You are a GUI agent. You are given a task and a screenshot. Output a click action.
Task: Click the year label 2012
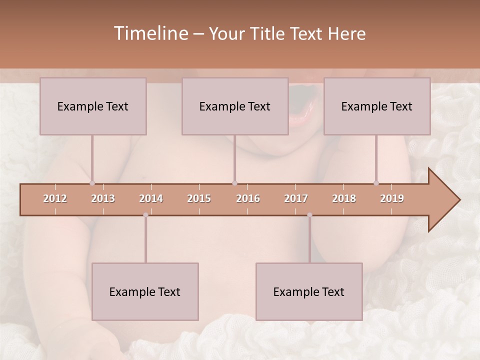55,199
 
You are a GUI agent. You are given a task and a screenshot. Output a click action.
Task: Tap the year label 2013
103,199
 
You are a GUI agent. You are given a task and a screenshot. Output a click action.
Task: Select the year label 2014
151,199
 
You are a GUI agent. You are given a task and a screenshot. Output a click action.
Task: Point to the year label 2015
199,199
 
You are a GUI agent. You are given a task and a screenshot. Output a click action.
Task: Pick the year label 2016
248,199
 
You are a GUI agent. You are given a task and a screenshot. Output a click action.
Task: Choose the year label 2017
296,199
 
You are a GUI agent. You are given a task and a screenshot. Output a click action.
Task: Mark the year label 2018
344,199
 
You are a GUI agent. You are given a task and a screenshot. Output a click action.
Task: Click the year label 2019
392,199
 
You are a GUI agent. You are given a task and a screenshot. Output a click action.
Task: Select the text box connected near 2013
93,106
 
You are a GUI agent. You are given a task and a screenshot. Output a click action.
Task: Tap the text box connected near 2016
235,106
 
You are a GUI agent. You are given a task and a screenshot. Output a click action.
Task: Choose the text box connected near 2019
377,106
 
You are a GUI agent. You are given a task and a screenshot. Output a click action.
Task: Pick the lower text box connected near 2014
145,291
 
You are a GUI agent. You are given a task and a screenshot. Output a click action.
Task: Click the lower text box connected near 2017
309,291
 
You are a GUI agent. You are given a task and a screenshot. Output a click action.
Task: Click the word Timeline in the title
150,33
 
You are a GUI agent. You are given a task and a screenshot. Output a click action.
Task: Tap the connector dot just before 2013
92,183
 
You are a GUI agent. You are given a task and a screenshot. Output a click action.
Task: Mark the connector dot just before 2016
234,183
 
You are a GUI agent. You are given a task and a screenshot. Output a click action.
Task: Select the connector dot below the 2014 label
145,215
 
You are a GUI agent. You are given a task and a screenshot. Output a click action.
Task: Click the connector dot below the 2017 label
309,215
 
